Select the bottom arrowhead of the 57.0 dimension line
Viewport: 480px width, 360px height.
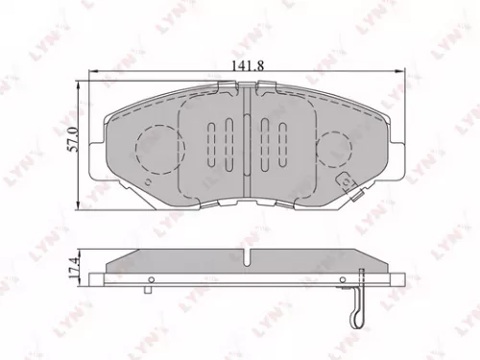click(80, 203)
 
